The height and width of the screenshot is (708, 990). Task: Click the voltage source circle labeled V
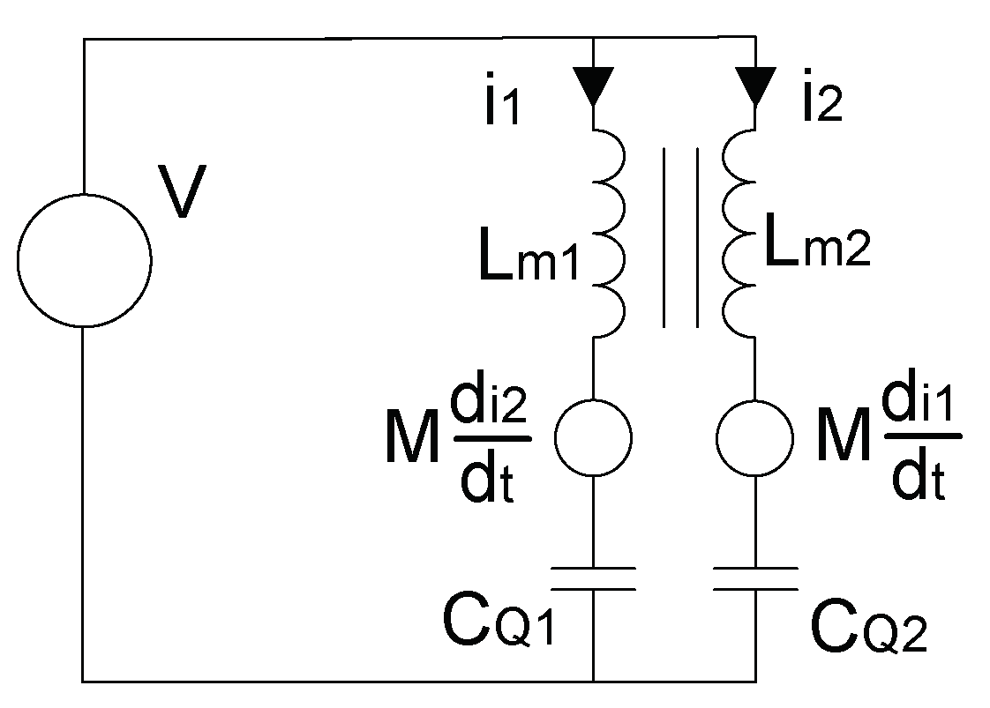pos(83,259)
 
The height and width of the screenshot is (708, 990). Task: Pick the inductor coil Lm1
pos(608,234)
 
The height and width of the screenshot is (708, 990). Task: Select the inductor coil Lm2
pos(739,234)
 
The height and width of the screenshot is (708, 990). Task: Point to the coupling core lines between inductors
pos(680,237)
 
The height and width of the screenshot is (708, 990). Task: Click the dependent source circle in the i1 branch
pos(593,437)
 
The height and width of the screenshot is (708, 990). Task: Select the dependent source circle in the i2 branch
pos(755,437)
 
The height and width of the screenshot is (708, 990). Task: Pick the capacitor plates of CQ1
pos(593,578)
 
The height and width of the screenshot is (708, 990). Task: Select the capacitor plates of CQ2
pos(755,578)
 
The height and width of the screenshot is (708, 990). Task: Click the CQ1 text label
pos(499,623)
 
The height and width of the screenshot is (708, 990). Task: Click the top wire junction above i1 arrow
pos(592,39)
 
